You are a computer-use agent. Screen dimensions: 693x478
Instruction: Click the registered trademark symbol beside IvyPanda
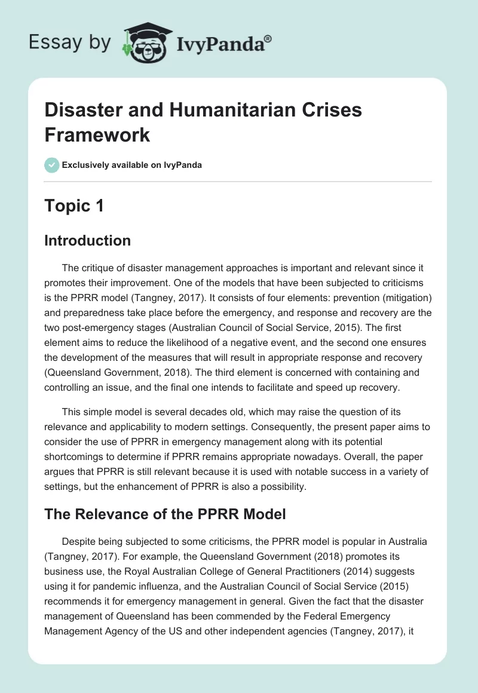[x=268, y=39]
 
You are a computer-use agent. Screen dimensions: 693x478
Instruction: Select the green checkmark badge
[x=51, y=165]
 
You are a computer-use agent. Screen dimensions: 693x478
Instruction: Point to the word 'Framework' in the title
[x=97, y=135]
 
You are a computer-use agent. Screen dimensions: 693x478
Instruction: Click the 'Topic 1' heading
[x=74, y=206]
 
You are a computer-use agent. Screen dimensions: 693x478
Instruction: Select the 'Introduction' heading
[x=88, y=241]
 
